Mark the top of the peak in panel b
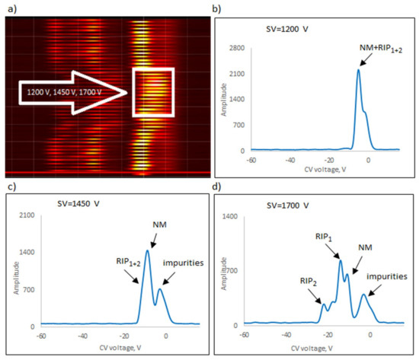358,70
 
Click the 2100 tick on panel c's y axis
25,217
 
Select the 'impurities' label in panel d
387,275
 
